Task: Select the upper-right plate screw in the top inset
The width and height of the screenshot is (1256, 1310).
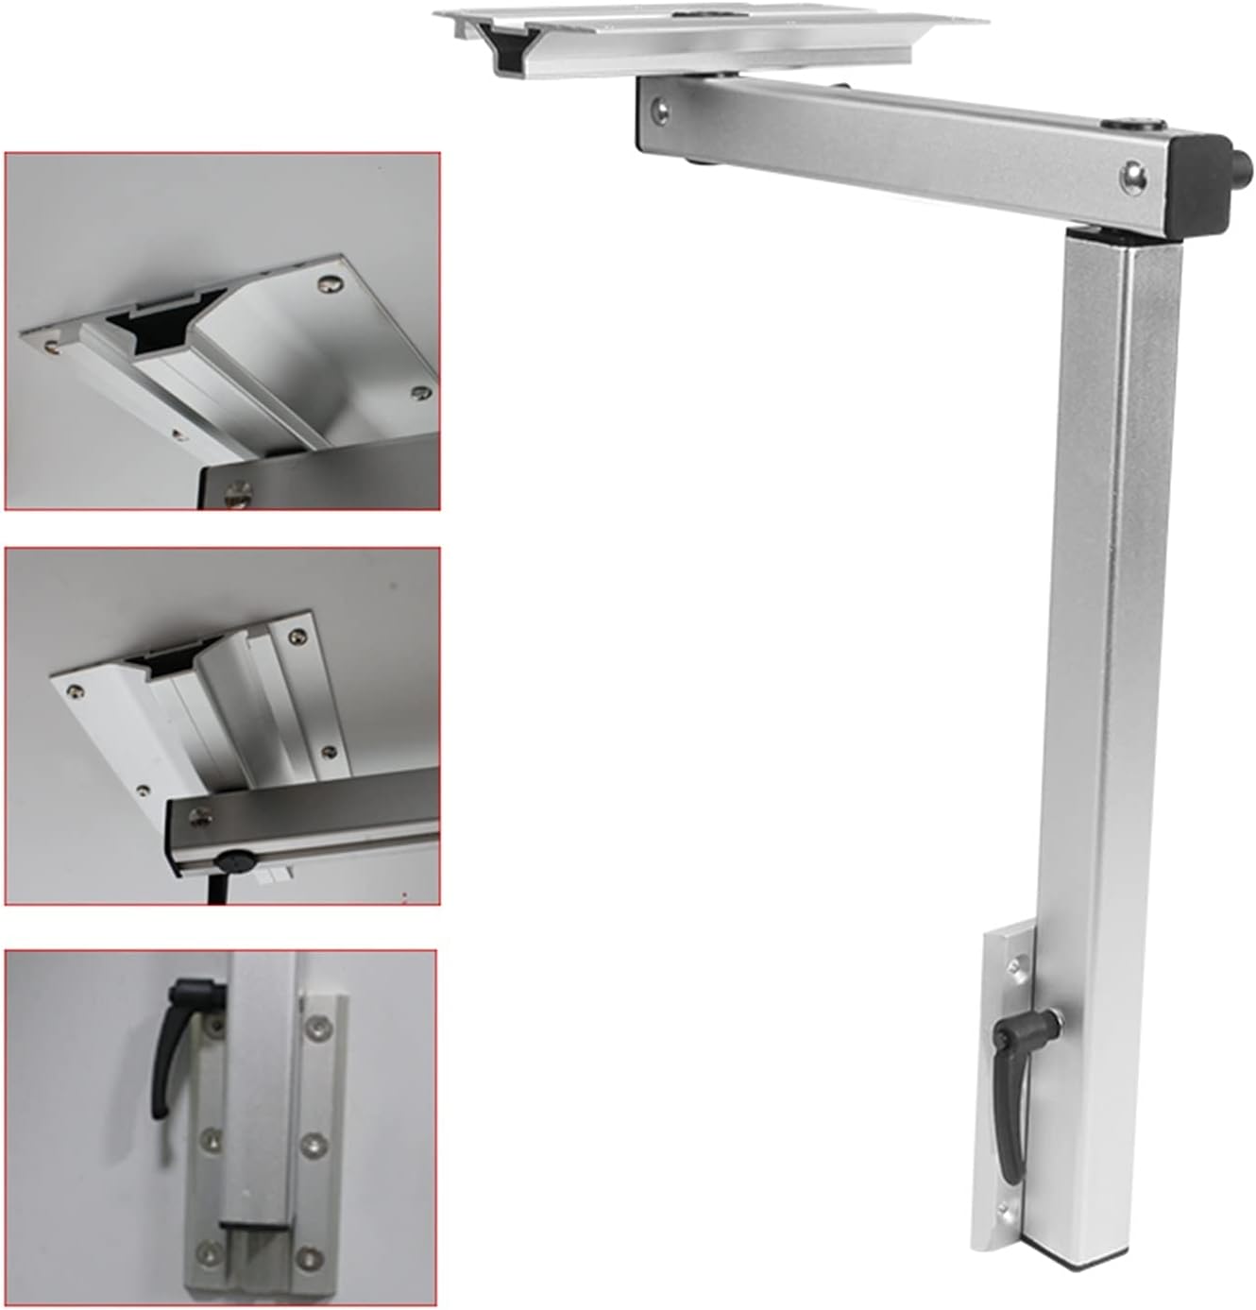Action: tap(329, 281)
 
